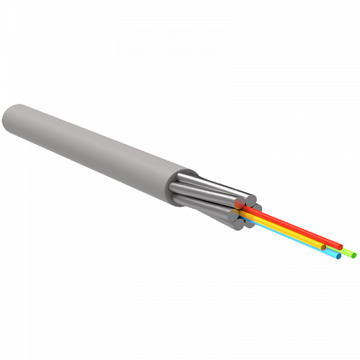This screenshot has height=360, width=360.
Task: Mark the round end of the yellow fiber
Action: tap(323, 248)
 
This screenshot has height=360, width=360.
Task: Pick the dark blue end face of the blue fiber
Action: tap(338, 257)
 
